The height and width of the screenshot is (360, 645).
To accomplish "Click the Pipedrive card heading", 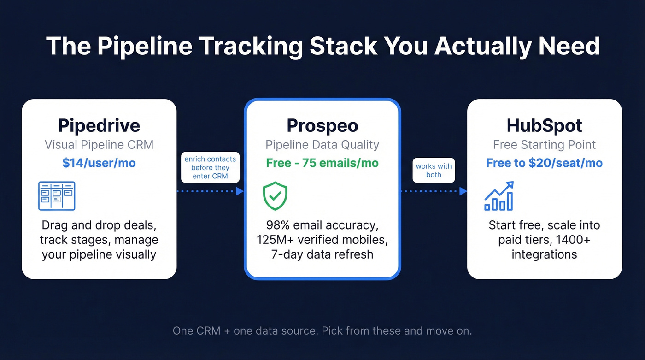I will (x=99, y=125).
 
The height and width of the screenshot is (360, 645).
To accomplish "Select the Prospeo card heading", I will (x=322, y=125).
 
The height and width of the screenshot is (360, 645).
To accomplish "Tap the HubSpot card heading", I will (x=544, y=125).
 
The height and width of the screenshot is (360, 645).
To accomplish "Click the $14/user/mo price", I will (x=99, y=163).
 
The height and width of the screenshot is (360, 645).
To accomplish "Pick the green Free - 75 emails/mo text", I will (x=322, y=163).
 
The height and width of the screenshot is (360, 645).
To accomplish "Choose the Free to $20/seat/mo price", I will (x=544, y=163).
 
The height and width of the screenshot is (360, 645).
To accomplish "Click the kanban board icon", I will (x=56, y=195).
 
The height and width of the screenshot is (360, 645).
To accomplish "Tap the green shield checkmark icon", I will (x=275, y=196).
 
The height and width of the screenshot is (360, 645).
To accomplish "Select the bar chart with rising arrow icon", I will (x=499, y=196).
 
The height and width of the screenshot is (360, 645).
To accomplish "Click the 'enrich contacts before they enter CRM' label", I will (x=210, y=167).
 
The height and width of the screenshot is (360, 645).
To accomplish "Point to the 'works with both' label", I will (x=434, y=171).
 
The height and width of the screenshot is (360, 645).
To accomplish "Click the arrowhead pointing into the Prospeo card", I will (x=240, y=191).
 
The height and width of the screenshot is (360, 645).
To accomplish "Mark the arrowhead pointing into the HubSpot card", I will (x=463, y=191).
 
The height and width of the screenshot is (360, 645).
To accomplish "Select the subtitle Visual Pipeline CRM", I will (x=99, y=145).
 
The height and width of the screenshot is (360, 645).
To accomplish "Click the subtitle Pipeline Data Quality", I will (x=322, y=145).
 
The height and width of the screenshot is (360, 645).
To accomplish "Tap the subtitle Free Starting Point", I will (x=544, y=145).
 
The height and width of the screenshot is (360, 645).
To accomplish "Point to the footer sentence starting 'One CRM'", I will (x=322, y=331).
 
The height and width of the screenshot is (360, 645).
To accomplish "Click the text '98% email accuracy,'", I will (x=322, y=225).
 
